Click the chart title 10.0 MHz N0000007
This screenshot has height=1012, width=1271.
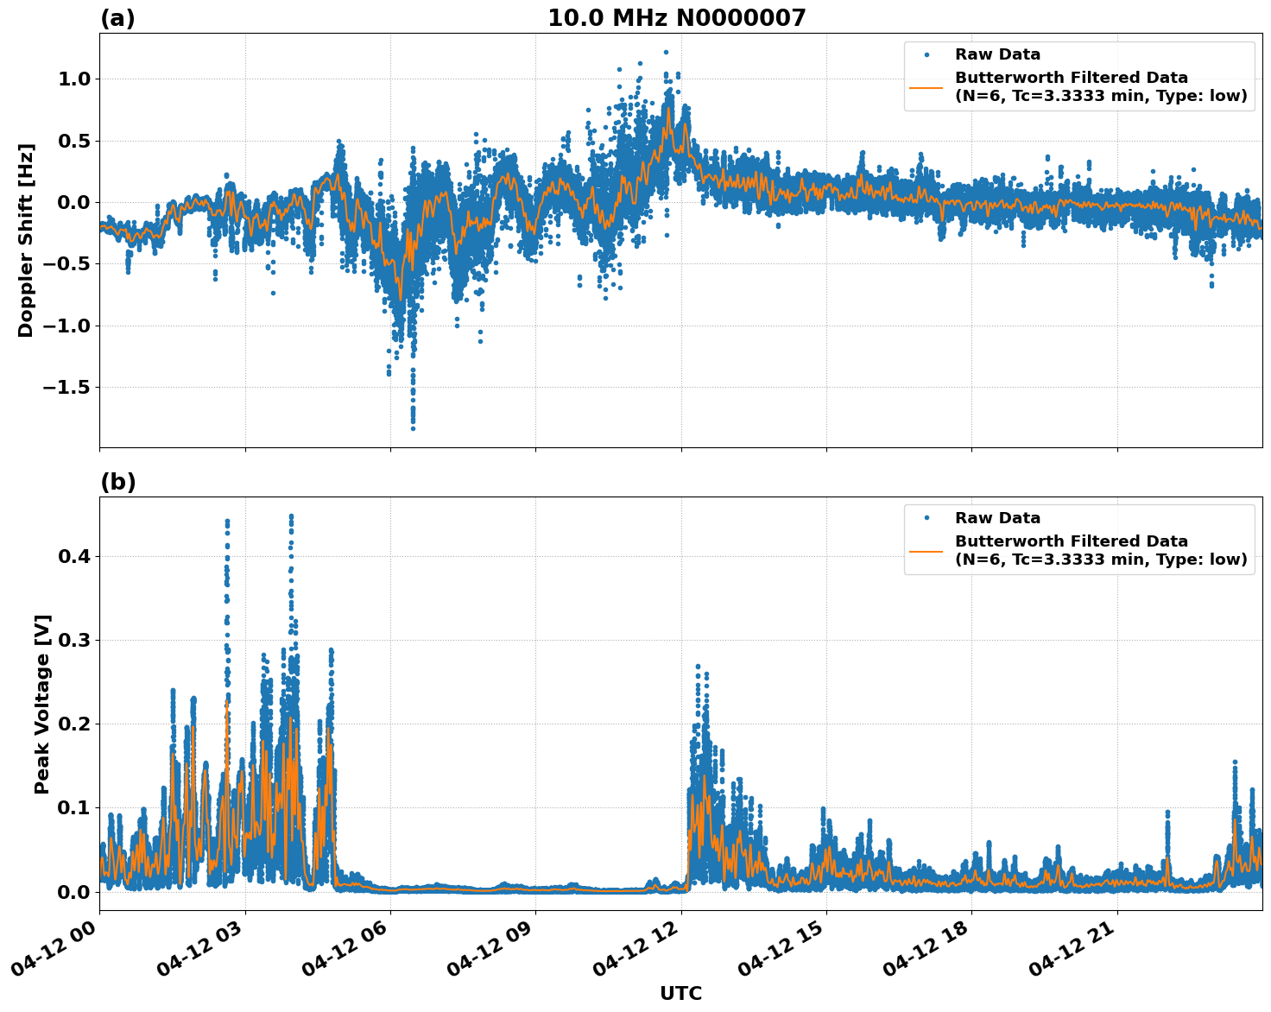coord(676,18)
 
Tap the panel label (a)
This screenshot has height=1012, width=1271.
coord(117,18)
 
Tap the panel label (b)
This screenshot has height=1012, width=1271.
coord(117,482)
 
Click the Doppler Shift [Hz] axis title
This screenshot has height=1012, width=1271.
coord(26,240)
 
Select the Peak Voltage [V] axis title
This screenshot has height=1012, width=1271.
coord(42,704)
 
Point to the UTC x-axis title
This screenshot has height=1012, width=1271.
coord(680,993)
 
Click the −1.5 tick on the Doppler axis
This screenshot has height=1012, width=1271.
coord(66,387)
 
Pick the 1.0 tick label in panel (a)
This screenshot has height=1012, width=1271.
coord(74,79)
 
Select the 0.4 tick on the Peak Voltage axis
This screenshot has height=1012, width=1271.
coord(74,556)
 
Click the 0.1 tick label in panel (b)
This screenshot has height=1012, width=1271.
coord(74,807)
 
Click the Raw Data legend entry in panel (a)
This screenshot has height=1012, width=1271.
coord(997,54)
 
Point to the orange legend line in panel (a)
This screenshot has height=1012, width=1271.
coord(926,86)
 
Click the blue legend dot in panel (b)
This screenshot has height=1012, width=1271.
coord(926,518)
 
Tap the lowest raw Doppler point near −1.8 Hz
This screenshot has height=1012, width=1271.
coord(413,428)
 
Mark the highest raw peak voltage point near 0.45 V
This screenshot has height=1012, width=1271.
coord(291,516)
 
